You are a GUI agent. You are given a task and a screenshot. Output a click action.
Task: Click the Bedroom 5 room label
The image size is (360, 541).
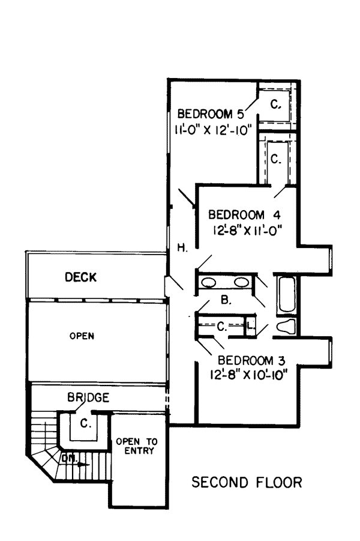[x=211, y=114]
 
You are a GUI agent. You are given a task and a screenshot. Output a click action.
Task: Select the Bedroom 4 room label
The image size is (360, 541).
[x=244, y=214]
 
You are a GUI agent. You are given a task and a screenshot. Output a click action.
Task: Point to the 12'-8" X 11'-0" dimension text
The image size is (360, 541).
[x=245, y=230]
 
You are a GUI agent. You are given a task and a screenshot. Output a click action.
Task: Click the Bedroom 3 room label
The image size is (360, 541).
[x=251, y=360]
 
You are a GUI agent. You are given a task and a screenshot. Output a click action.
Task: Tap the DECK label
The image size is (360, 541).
[x=80, y=277]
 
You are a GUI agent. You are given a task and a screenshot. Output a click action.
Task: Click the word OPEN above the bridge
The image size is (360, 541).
[x=82, y=336]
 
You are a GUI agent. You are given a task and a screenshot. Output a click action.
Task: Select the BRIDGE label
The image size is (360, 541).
[x=88, y=397]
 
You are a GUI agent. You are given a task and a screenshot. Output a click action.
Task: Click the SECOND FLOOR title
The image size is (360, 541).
[x=247, y=482]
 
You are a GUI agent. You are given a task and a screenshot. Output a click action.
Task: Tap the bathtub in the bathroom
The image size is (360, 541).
[x=287, y=294]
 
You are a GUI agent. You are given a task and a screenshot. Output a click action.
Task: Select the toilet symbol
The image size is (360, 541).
[x=287, y=327]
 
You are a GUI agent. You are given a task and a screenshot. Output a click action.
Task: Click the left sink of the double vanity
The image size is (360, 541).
[x=209, y=283]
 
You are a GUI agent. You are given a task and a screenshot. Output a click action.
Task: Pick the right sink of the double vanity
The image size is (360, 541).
[x=241, y=283]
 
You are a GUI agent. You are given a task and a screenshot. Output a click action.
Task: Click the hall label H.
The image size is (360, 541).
[x=182, y=248]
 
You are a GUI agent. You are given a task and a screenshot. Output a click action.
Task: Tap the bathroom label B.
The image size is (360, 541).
[x=226, y=300]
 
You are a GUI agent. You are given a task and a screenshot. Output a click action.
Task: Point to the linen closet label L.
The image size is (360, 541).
[x=251, y=325]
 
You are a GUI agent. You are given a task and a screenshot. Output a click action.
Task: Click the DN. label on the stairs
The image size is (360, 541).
[x=70, y=459]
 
